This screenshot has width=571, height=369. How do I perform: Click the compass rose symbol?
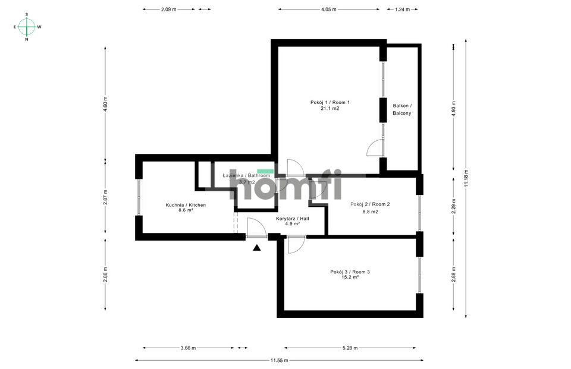[27, 27]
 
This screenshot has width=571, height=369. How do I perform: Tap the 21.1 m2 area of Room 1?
[330, 109]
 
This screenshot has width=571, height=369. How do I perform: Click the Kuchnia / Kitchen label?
[186, 205]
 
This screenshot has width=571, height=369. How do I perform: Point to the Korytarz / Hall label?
[293, 219]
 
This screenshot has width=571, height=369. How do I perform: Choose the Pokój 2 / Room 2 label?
[370, 204]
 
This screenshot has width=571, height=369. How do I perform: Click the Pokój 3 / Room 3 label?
[350, 272]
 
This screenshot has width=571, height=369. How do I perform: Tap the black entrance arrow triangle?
[257, 248]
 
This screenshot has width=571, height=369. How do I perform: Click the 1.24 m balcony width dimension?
[402, 10]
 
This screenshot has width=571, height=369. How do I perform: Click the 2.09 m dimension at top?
[169, 10]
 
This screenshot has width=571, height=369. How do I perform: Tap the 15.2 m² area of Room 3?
[350, 277]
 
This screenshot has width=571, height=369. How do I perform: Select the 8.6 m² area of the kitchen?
[186, 210]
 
